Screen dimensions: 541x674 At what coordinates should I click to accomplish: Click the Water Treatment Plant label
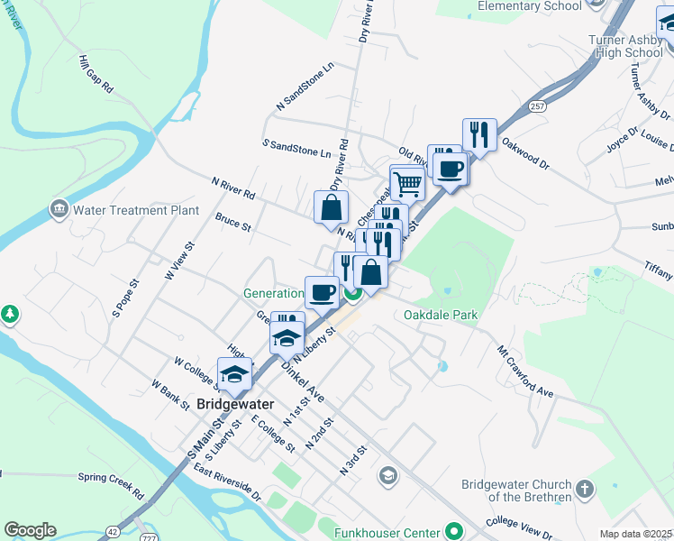click(x=136, y=210)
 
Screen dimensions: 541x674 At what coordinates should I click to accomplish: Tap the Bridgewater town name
click(x=235, y=405)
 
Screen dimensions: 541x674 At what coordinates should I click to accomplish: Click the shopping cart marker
click(x=407, y=183)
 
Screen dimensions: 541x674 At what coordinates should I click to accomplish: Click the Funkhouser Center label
click(x=389, y=532)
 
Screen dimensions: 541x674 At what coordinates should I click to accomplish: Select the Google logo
click(x=30, y=530)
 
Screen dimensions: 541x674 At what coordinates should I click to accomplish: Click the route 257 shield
click(x=538, y=106)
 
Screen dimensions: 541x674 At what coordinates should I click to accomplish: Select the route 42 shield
click(x=111, y=532)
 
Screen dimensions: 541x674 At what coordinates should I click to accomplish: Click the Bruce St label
click(x=232, y=222)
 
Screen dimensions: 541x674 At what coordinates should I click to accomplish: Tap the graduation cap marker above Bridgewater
click(x=235, y=374)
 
